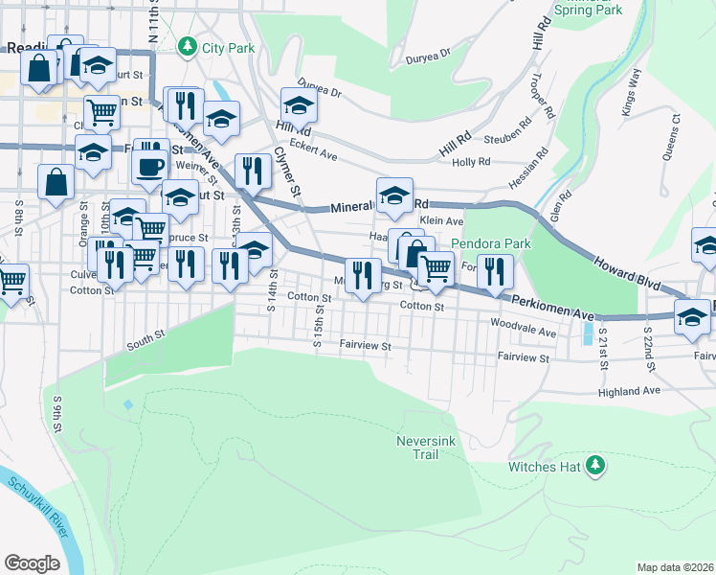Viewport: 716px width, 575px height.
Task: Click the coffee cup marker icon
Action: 149,165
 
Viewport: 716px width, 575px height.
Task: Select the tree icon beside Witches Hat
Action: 595,466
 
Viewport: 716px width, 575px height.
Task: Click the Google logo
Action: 32,563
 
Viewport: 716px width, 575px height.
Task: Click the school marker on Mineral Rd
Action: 394,195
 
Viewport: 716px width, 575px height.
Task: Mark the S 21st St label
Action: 604,352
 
